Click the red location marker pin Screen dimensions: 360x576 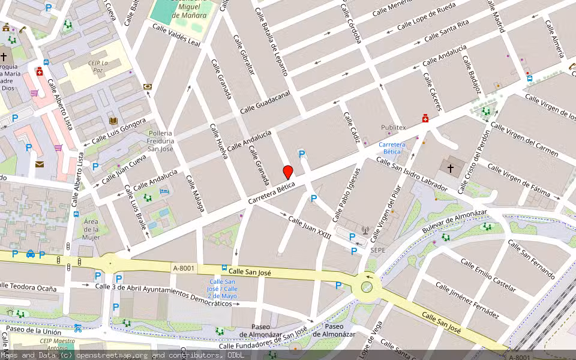[x=288, y=172]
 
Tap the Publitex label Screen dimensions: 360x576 [x=394, y=127]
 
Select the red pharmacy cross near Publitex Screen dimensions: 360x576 [x=425, y=118]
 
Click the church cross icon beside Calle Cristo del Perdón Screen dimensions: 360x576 [x=450, y=169]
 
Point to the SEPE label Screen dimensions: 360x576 [x=377, y=250]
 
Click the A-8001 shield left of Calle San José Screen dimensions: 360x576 [x=183, y=268]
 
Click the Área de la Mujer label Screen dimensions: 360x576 [x=91, y=229]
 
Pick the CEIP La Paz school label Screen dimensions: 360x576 [x=96, y=66]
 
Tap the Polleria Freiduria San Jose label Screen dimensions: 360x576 [x=160, y=140]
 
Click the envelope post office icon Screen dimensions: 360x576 [x=40, y=164]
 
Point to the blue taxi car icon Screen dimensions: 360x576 [x=30, y=254]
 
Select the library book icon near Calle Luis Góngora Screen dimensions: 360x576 [x=112, y=121]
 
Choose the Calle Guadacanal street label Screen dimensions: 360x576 [x=265, y=102]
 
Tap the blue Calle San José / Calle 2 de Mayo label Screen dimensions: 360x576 [x=222, y=289]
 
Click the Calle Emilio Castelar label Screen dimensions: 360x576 [x=488, y=275]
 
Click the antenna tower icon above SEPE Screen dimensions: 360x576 [x=364, y=229]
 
